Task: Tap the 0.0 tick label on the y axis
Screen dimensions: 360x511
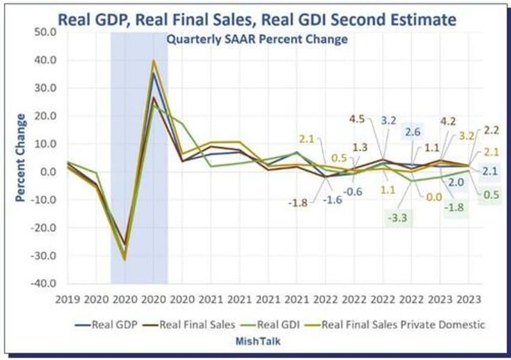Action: [x=46, y=172]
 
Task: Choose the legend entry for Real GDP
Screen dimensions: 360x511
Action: [x=112, y=324]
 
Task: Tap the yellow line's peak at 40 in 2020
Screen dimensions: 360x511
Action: [x=154, y=60]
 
